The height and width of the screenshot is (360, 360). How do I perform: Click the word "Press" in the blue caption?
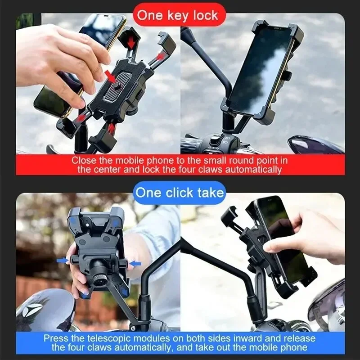pos(56,338)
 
